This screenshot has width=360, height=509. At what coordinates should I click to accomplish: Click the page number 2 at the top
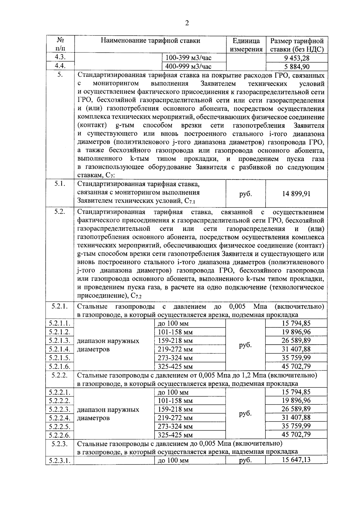187,23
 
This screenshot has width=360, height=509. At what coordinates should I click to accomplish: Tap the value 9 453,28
296,58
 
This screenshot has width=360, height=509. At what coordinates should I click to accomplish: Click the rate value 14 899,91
296,194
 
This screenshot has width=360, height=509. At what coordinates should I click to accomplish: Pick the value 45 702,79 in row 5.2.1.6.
296,366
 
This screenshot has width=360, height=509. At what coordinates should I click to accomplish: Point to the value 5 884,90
296,67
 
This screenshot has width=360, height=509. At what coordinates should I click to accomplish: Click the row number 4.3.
60,57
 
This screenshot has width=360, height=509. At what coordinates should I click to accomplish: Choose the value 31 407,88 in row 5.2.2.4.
296,417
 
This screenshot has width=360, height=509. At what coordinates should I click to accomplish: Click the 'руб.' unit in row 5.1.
245,194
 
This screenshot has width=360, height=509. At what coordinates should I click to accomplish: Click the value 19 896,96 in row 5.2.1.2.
296,332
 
